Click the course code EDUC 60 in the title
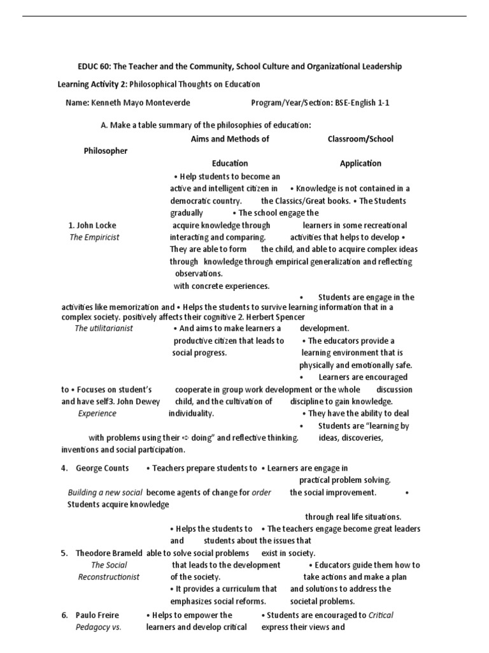click(x=90, y=67)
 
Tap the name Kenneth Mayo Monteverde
click(x=135, y=103)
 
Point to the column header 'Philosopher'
click(x=106, y=151)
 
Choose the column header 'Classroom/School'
click(x=360, y=138)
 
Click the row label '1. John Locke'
click(x=92, y=225)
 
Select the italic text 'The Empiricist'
click(x=94, y=237)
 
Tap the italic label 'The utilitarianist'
click(x=104, y=328)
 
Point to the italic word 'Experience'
click(x=97, y=413)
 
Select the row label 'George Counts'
click(x=102, y=468)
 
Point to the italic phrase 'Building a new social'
click(x=105, y=492)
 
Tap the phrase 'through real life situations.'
click(x=353, y=517)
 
